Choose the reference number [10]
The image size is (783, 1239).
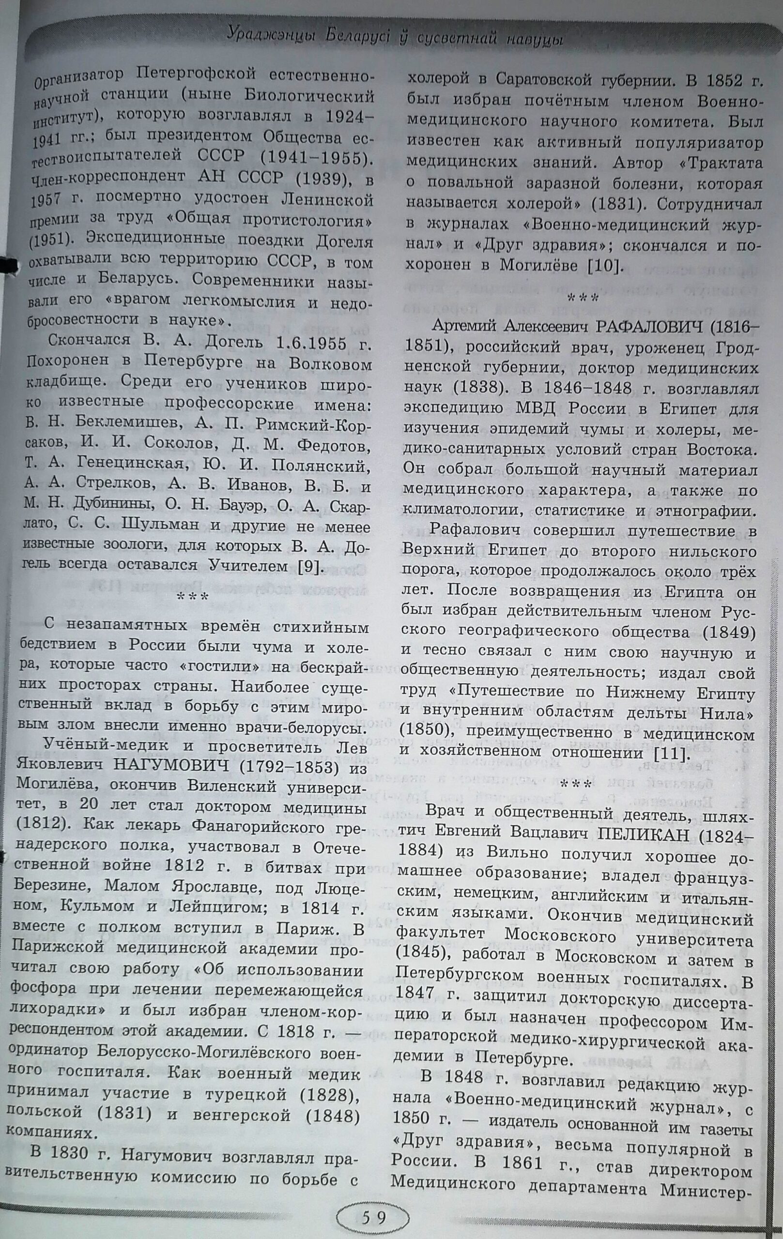point(606,266)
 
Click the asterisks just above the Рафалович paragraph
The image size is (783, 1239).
point(582,297)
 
